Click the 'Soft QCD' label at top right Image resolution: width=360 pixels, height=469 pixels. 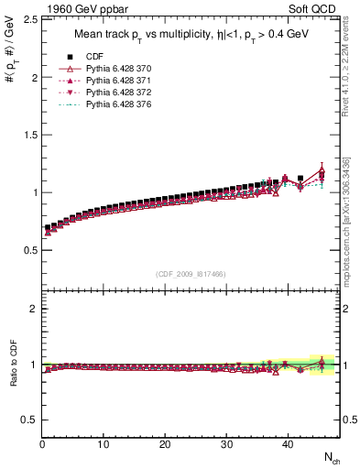(314, 10)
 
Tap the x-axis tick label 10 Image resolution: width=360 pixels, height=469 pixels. (104, 445)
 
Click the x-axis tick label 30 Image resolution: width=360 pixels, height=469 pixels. (226, 445)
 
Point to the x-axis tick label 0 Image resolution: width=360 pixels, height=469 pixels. (43, 445)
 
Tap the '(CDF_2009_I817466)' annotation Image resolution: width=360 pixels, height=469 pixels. (191, 274)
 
